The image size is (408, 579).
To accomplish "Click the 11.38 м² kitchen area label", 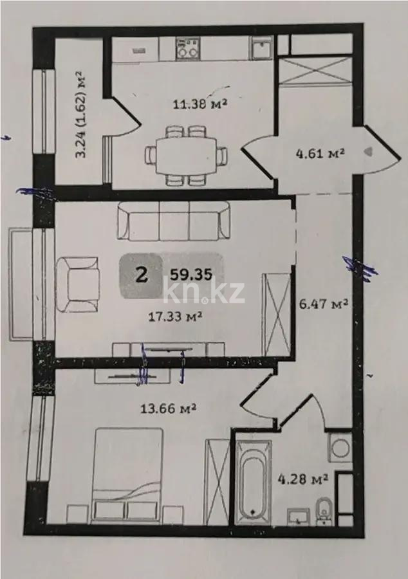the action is (x=199, y=104).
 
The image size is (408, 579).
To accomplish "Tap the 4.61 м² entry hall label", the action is (x=320, y=152).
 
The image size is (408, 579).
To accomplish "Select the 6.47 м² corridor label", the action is (x=323, y=304).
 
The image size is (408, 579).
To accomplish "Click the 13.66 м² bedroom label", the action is (x=168, y=409).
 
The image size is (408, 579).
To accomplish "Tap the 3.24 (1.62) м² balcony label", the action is (x=81, y=115).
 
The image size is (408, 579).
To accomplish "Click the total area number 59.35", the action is (x=191, y=275).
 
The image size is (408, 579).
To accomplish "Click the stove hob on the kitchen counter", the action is (x=187, y=49).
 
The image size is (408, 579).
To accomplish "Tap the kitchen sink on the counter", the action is (x=263, y=48).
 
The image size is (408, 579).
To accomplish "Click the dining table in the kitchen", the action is (x=187, y=156).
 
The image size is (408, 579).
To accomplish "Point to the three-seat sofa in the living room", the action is (x=173, y=221).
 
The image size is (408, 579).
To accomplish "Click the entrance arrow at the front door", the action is (x=369, y=152).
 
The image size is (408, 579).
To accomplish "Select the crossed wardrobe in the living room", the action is (x=276, y=314).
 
